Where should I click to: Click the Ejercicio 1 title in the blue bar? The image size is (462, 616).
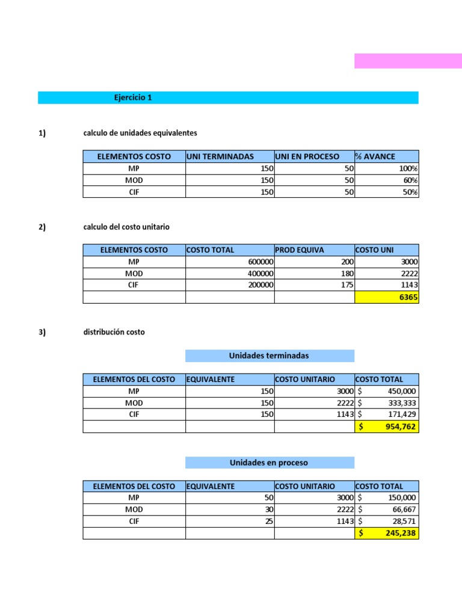click(x=132, y=97)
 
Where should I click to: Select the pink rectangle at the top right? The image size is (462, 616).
click(x=408, y=61)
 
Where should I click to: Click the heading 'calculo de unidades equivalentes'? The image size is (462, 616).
click(x=140, y=132)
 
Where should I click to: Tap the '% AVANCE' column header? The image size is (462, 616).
click(x=375, y=156)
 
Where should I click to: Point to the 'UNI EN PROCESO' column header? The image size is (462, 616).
click(x=307, y=156)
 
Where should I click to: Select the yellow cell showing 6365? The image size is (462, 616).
click(x=387, y=297)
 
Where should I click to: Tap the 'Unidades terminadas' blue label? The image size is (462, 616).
click(x=269, y=356)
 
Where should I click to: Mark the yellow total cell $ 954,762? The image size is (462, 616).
click(x=387, y=427)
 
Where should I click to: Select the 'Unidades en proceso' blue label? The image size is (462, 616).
click(x=269, y=463)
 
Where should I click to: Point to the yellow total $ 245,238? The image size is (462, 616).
click(x=387, y=533)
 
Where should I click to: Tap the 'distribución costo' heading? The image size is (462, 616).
click(x=114, y=332)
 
